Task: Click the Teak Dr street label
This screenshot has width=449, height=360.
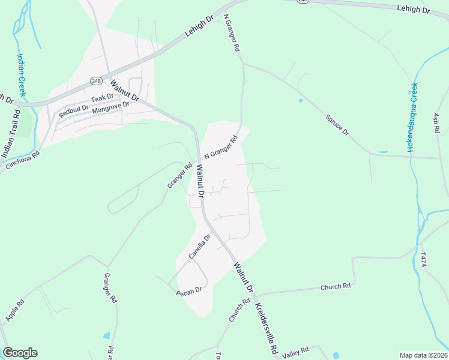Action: [x=101, y=98]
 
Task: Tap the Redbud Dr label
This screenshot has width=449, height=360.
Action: [x=73, y=110]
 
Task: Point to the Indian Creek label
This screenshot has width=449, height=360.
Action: [x=22, y=74]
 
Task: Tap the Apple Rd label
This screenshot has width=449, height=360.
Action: [x=14, y=307]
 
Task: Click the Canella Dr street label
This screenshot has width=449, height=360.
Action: [x=200, y=247]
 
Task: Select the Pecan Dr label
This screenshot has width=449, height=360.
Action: [x=188, y=293]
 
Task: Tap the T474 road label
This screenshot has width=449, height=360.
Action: [x=424, y=259]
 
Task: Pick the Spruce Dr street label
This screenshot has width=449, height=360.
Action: [x=337, y=124]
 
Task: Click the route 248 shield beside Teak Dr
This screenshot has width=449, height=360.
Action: [x=96, y=80]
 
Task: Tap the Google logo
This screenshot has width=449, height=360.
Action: [x=20, y=353]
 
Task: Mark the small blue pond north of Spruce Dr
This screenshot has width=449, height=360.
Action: [x=300, y=100]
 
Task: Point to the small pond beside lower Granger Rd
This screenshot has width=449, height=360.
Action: [x=107, y=335]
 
